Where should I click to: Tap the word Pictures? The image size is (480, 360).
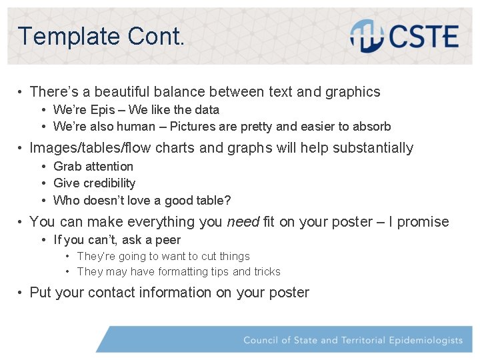tap(194, 127)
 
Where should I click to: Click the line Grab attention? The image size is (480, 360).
tap(93, 167)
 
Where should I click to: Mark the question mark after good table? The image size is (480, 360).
tap(228, 200)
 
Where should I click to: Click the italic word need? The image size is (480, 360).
tap(243, 222)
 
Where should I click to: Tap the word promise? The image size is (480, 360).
tap(423, 222)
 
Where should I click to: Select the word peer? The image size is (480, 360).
tap(168, 240)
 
